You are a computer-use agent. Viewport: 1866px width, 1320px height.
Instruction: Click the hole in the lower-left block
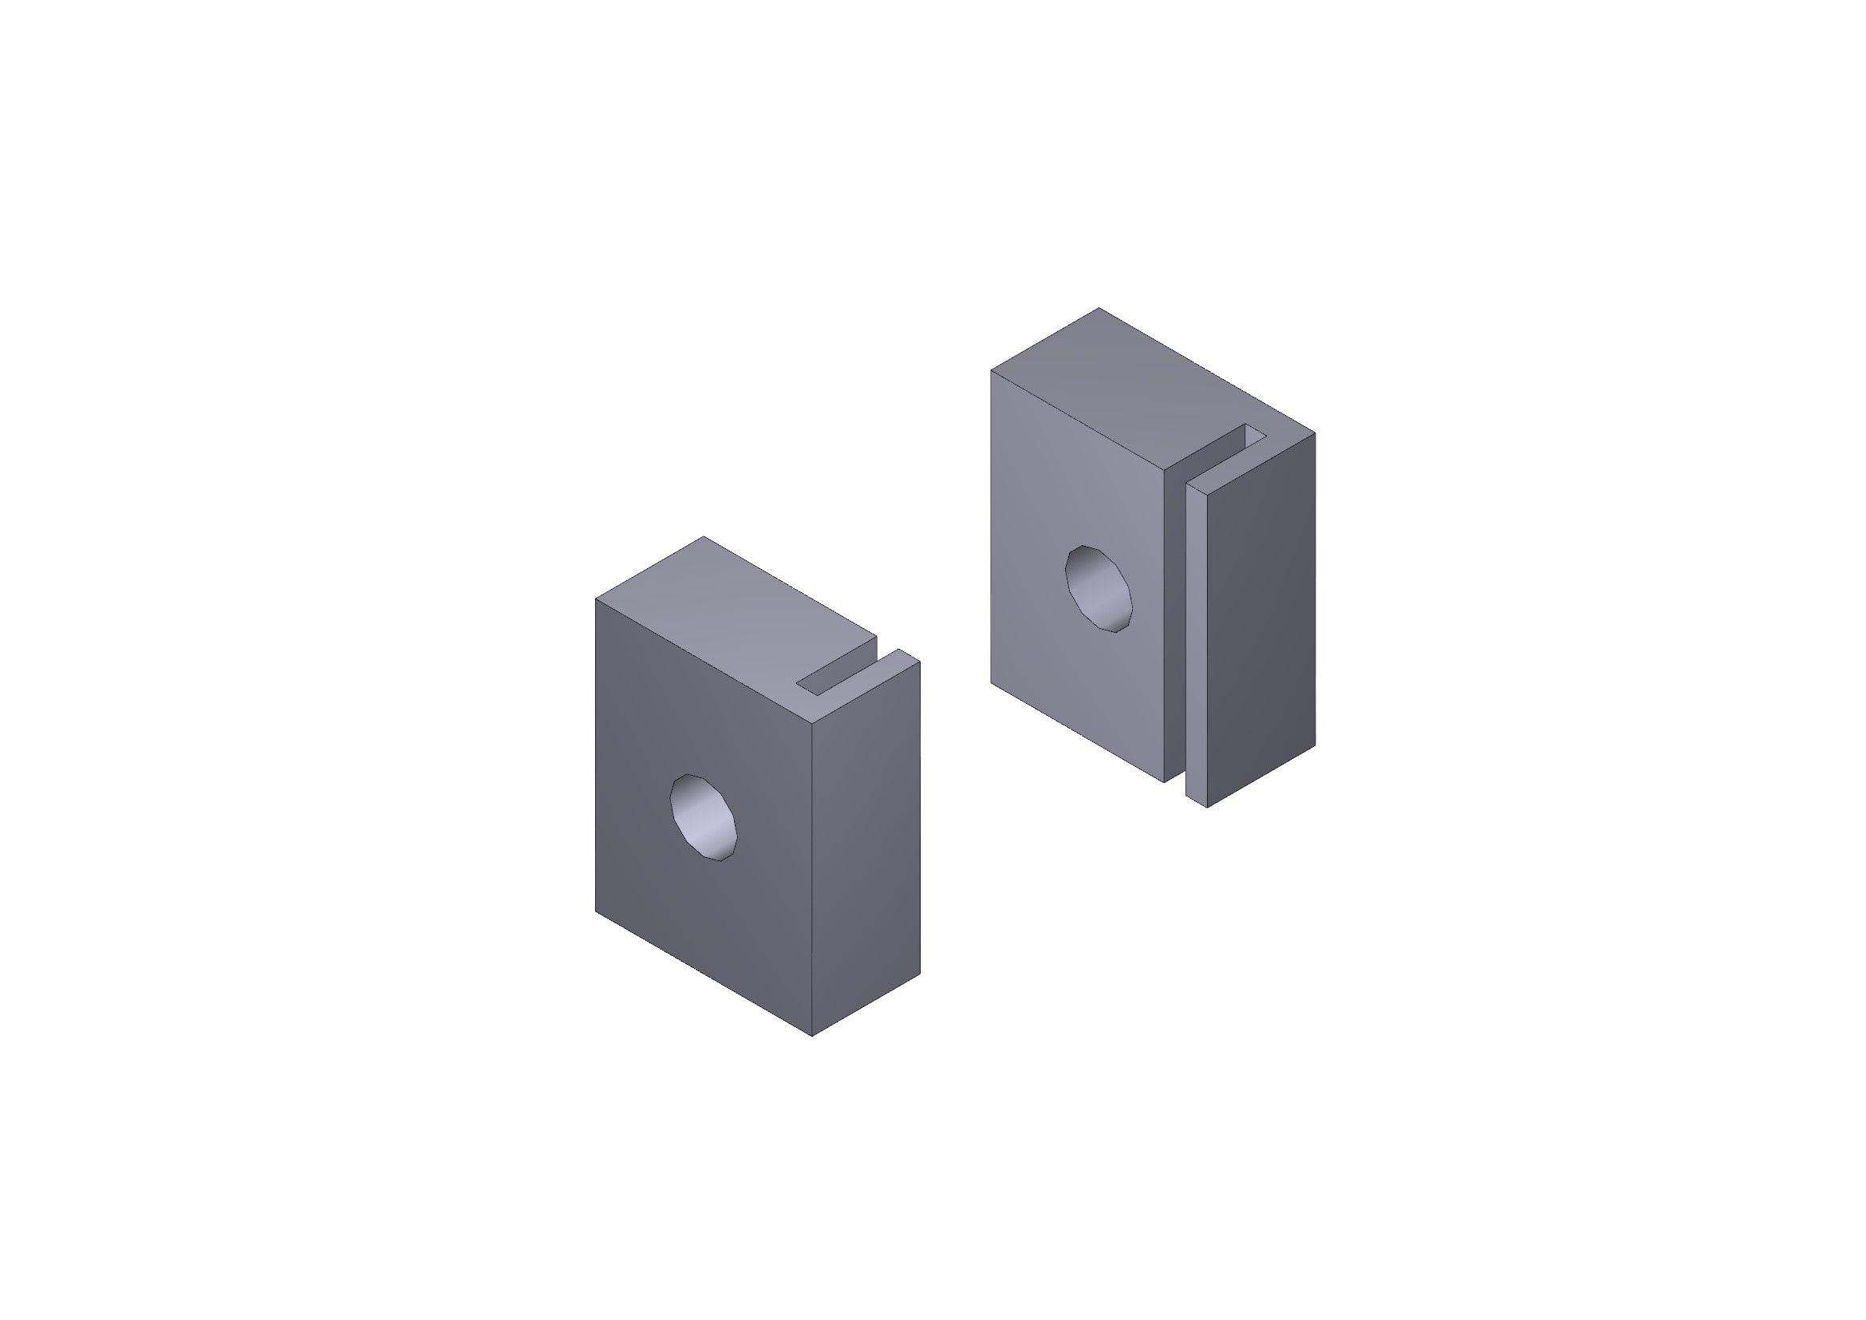703,818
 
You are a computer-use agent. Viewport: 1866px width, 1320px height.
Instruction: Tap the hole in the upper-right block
1099,589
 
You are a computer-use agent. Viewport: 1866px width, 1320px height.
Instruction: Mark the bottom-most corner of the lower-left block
813,1037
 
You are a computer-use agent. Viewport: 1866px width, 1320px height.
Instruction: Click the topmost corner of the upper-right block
1099,308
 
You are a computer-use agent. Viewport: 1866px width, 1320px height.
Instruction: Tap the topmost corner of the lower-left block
704,536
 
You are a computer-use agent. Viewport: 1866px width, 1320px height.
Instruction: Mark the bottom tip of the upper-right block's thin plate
1207,807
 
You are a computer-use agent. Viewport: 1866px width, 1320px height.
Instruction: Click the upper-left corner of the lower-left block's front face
596,599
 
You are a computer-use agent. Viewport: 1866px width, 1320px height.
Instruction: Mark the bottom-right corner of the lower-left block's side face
920,974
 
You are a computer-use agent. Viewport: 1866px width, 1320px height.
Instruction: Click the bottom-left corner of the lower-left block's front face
596,911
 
